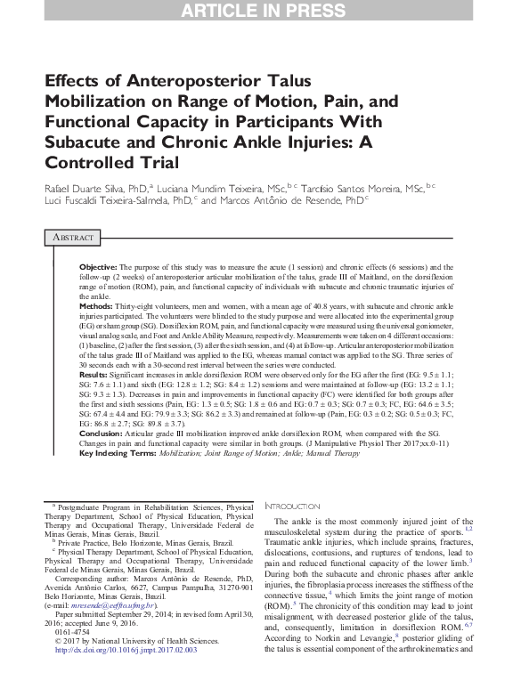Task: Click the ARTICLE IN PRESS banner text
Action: pos(260,11)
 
